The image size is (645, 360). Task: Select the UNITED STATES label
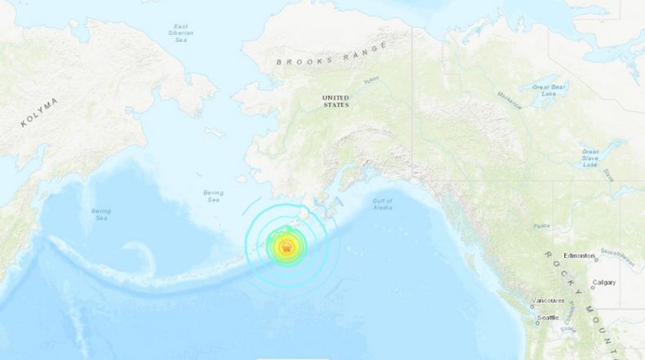[x=336, y=100]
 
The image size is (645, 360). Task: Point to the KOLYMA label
[x=40, y=113]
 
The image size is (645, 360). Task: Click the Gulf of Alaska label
[x=381, y=204]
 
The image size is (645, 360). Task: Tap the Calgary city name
[x=605, y=282]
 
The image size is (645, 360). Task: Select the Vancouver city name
[x=547, y=300]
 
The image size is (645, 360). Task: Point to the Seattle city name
[x=548, y=317]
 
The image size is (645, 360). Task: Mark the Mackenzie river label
[x=509, y=102]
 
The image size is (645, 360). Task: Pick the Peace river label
[x=540, y=224]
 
